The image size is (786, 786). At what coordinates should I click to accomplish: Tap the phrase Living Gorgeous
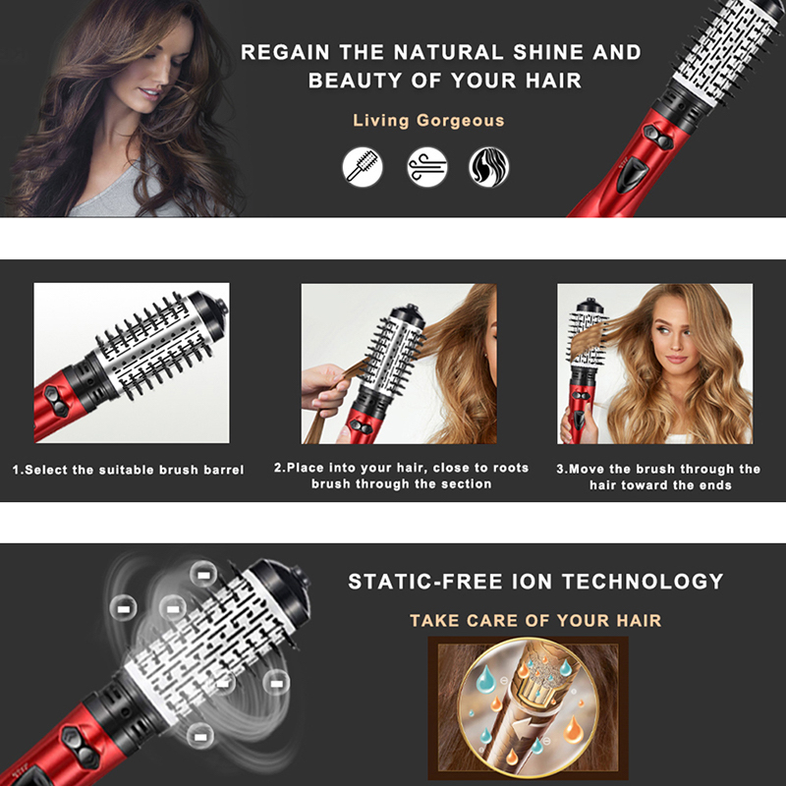coord(428,121)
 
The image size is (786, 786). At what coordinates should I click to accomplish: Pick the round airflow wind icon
coord(427,166)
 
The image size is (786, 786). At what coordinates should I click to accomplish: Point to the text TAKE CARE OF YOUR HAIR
coord(535,620)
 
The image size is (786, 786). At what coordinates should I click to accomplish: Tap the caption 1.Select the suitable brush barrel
coord(128,470)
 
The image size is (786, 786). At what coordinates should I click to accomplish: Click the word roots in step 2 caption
coord(507,468)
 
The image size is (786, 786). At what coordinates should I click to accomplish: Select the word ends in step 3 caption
coord(714,484)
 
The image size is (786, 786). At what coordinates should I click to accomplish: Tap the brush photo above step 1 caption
coord(132,363)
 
